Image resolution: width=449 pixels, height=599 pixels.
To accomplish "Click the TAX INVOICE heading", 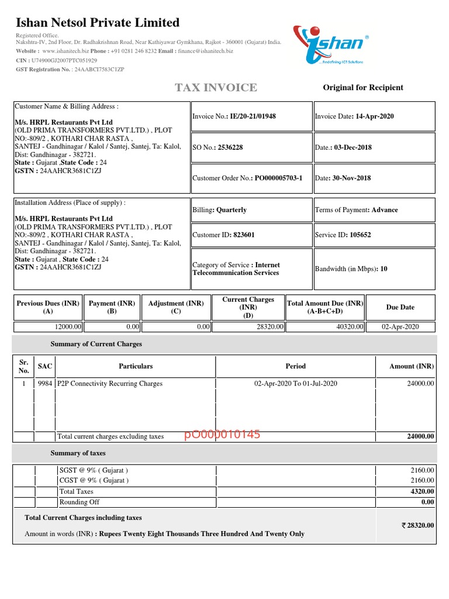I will click(216, 88).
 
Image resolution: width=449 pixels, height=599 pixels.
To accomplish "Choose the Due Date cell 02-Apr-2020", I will click(400, 327).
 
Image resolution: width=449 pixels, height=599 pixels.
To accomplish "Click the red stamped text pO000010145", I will click(222, 435).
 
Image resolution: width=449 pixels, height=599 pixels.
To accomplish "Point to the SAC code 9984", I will click(44, 384).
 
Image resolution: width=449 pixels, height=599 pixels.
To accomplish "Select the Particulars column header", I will click(136, 366).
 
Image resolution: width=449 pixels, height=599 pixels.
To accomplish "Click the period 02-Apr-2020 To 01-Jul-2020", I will click(295, 384).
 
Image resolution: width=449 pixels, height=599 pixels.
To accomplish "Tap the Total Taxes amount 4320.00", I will click(422, 491).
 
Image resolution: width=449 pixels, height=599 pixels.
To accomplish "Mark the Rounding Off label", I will click(80, 502).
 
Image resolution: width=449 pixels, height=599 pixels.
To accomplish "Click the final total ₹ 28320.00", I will click(417, 525).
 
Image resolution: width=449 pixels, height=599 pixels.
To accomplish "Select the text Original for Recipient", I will click(363, 88).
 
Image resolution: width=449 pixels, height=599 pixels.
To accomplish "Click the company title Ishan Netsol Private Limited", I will click(97, 23).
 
